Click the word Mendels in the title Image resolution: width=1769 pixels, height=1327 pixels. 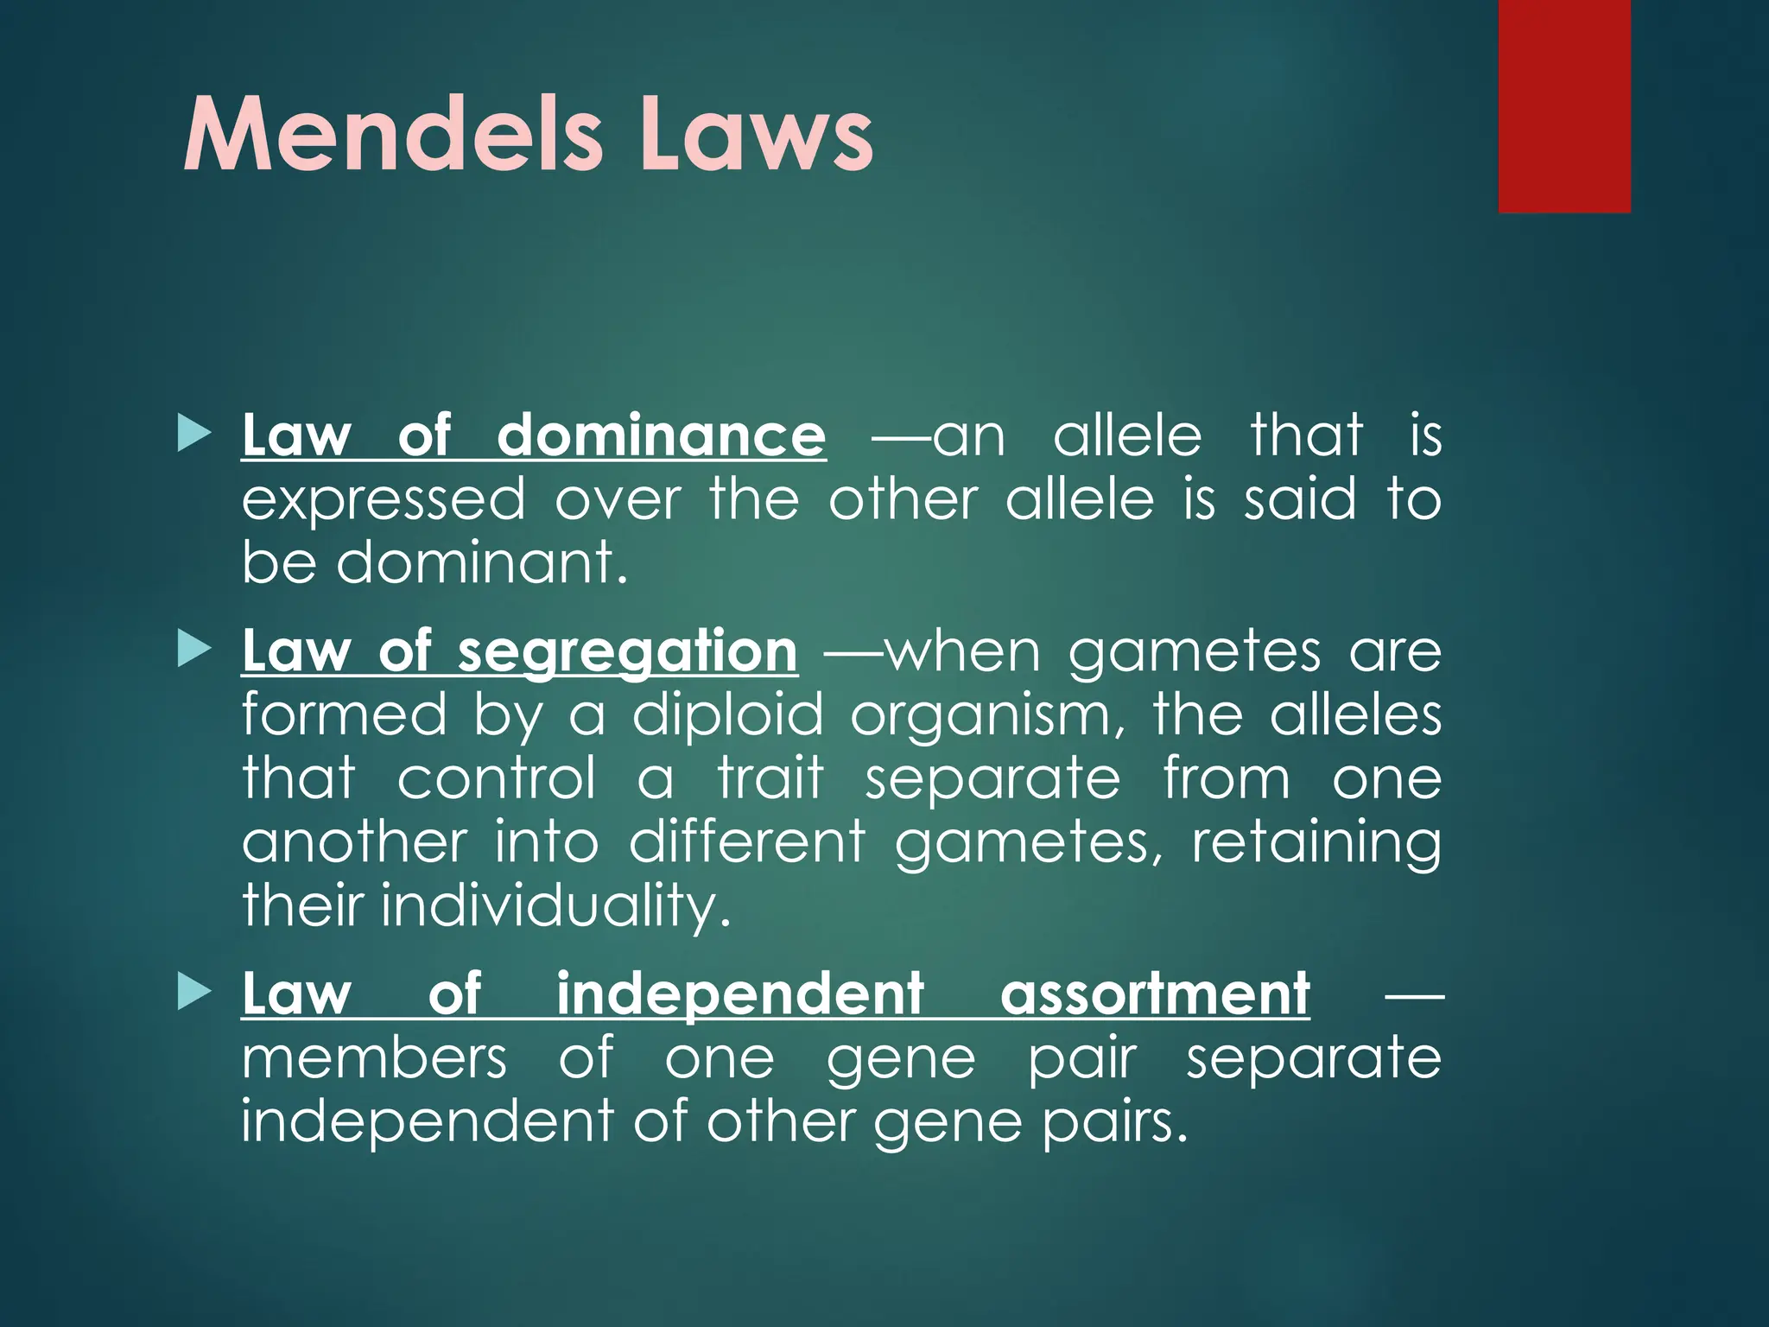tap(392, 136)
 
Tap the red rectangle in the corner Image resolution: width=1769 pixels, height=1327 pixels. tap(1564, 105)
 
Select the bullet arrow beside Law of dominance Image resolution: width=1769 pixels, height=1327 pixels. tap(193, 434)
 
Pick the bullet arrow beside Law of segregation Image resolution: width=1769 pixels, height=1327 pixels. tap(193, 650)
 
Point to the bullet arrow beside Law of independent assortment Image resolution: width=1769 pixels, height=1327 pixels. tap(193, 993)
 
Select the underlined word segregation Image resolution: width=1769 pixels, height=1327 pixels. tap(628, 651)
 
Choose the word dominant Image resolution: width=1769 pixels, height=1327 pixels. tap(481, 562)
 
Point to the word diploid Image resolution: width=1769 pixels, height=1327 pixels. tap(728, 716)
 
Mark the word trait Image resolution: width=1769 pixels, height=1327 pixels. tap(770, 778)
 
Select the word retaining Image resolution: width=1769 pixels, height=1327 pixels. tap(1316, 843)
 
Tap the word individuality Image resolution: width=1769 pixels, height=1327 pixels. tap(556, 906)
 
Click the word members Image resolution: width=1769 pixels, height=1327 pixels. tap(374, 1057)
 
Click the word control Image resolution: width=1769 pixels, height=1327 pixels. tap(497, 778)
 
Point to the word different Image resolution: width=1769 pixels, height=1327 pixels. tap(747, 842)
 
